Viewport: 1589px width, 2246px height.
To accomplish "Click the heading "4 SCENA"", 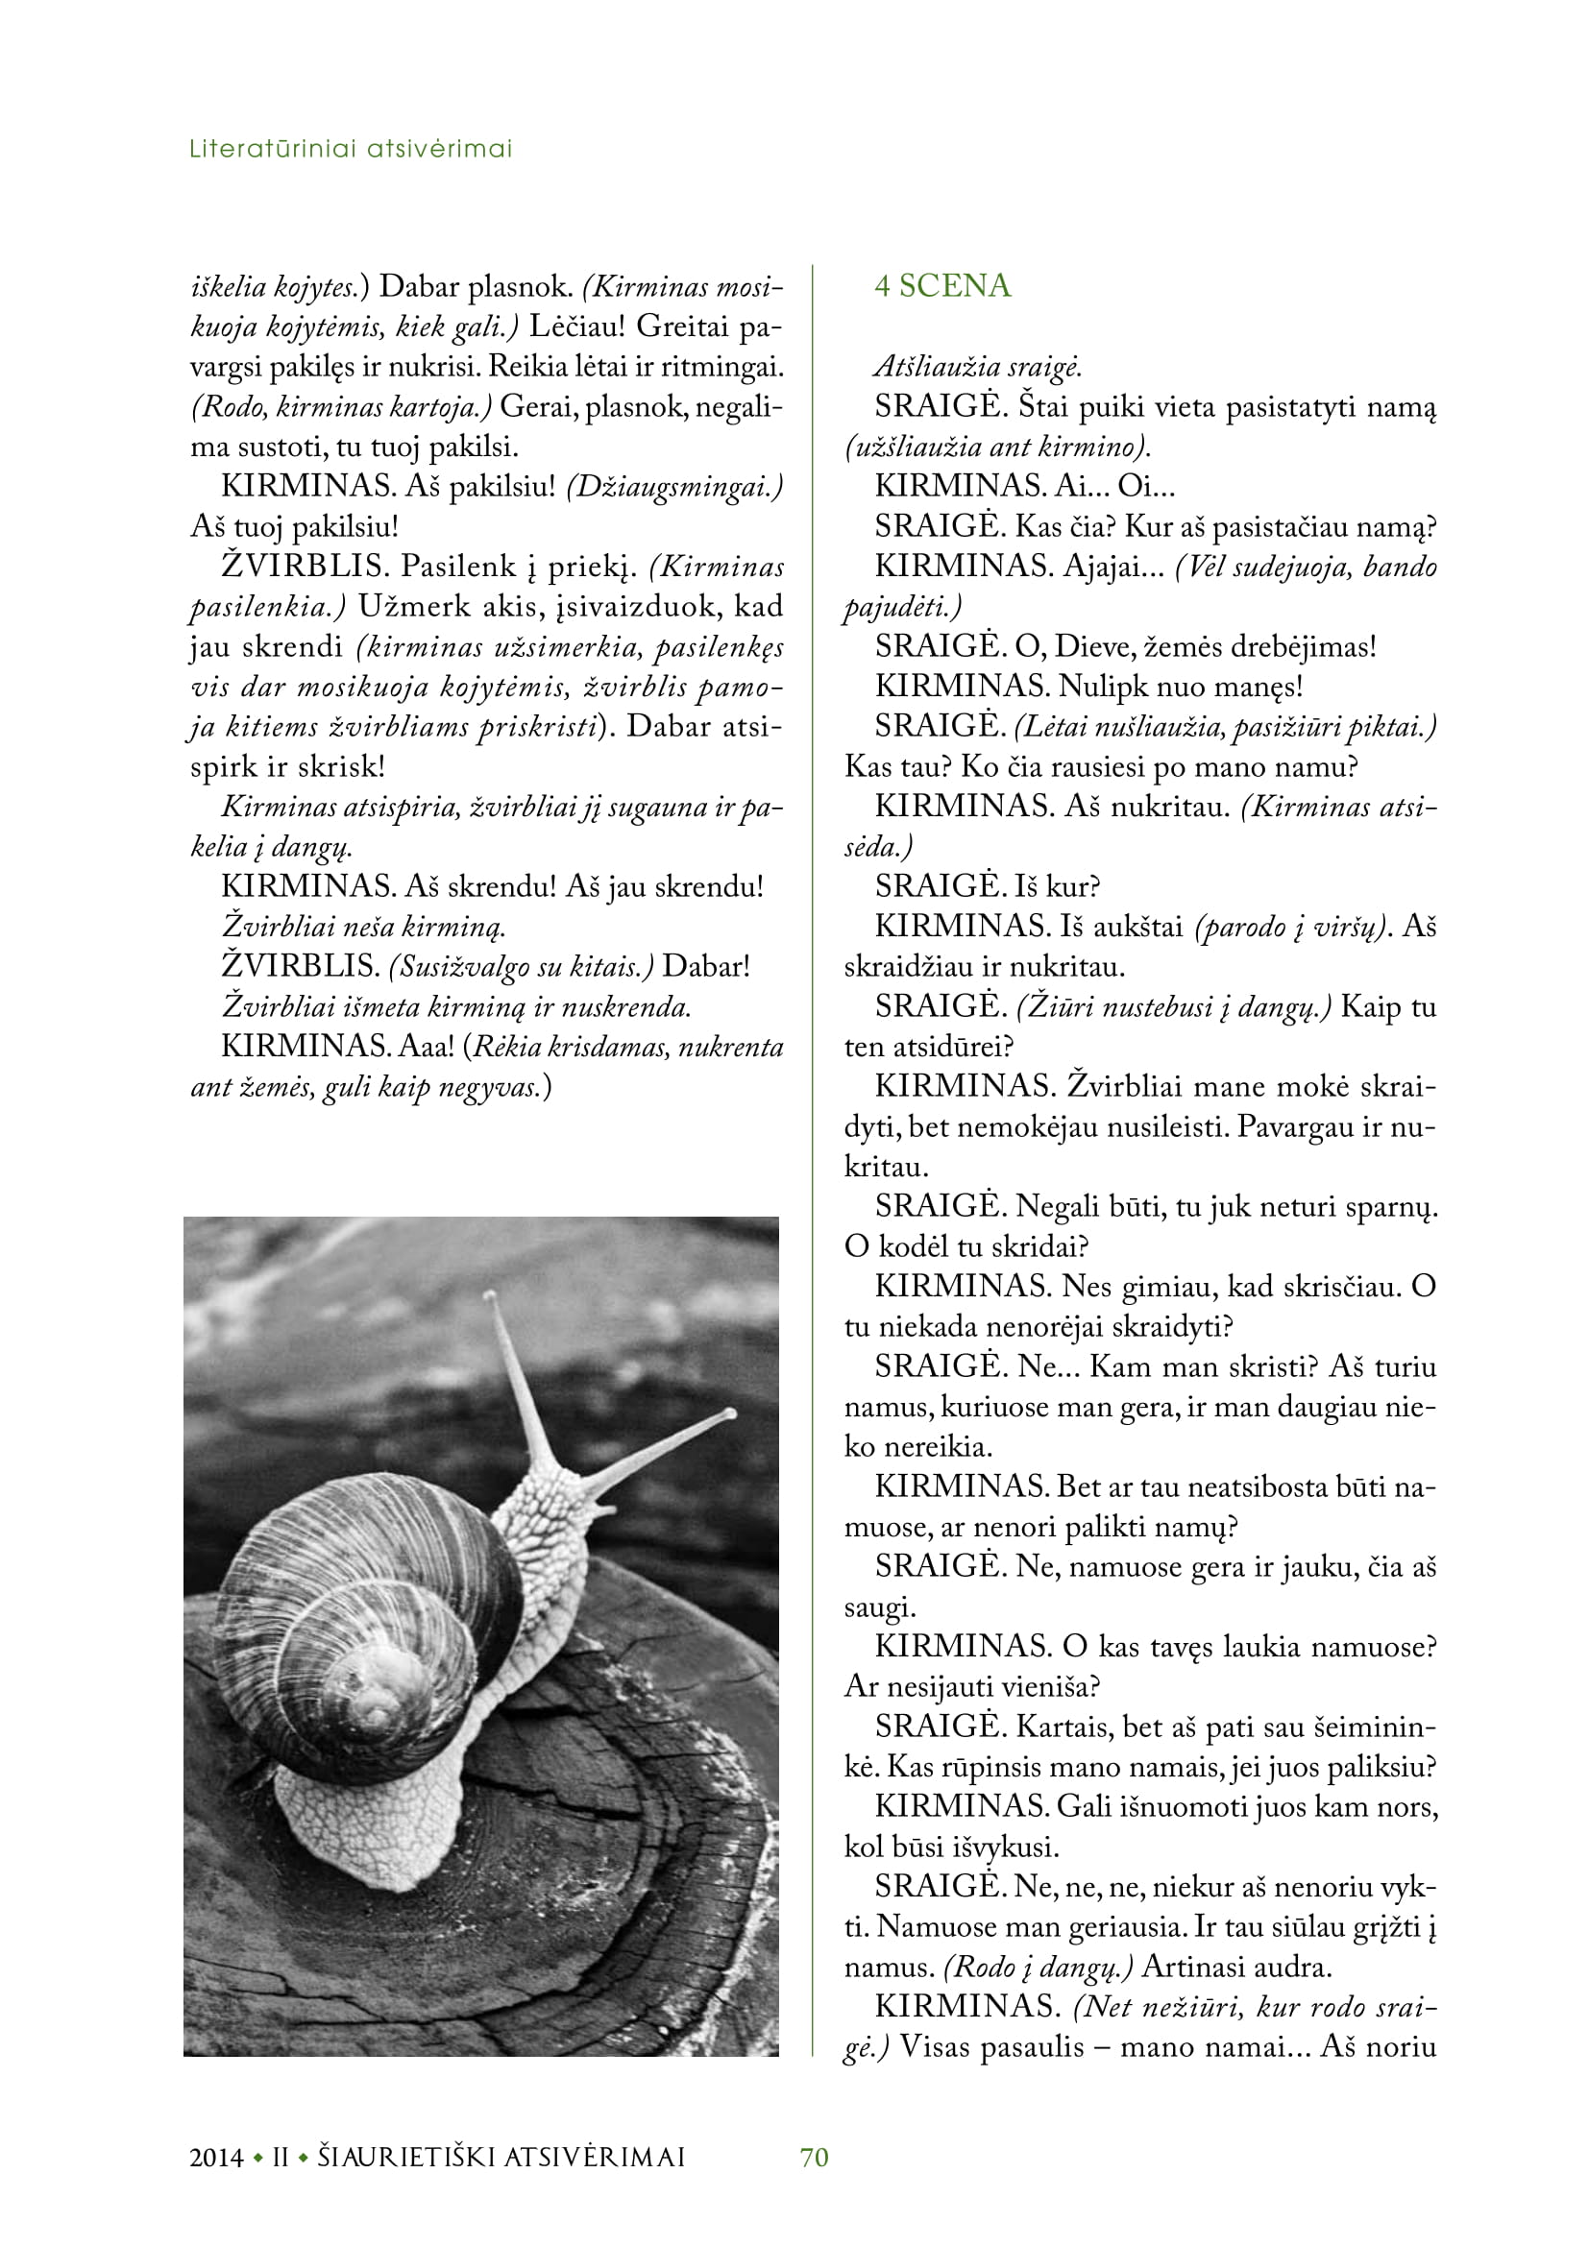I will tap(941, 285).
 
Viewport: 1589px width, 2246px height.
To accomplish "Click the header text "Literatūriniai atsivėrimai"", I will tap(351, 149).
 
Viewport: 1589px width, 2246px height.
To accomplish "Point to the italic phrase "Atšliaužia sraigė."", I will tap(977, 367).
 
